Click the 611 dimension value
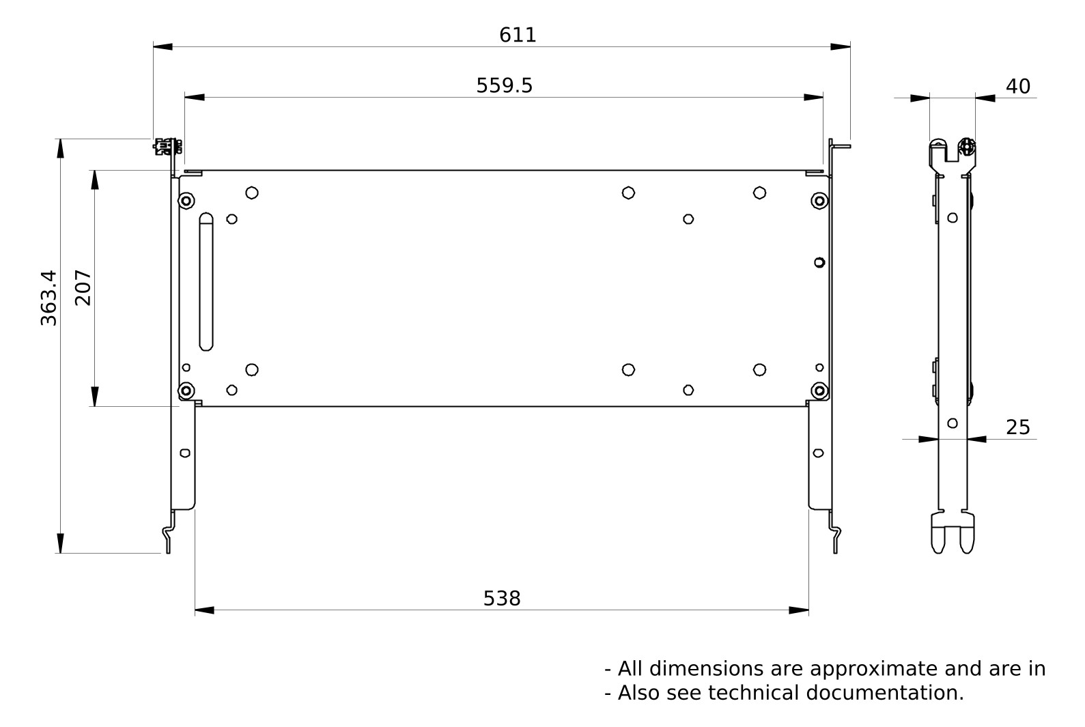coord(518,35)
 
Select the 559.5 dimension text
coord(504,86)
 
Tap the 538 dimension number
coord(502,599)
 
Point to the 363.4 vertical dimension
coord(48,298)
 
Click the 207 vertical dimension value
coord(83,287)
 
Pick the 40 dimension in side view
coord(1017,87)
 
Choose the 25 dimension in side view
coord(1017,427)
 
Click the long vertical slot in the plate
coord(206,281)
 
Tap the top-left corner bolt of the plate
coord(186,201)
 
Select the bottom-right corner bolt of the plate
coord(819,390)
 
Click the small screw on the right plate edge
coord(819,262)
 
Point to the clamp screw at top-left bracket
coord(167,145)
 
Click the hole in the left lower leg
coord(184,453)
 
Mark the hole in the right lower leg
coord(818,453)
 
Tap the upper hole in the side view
coord(953,218)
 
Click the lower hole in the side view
coord(953,423)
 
